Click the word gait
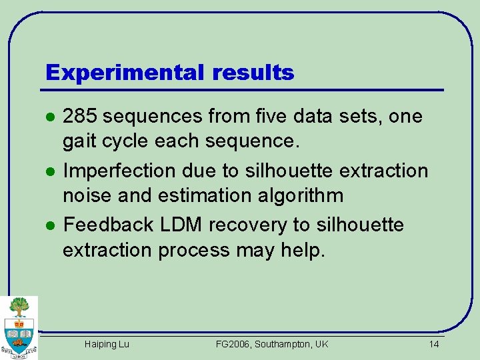click(78, 142)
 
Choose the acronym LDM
click(182, 225)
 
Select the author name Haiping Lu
click(107, 344)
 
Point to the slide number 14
click(434, 344)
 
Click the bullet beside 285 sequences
click(49, 117)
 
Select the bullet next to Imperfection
click(49, 171)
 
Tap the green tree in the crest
click(19, 307)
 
